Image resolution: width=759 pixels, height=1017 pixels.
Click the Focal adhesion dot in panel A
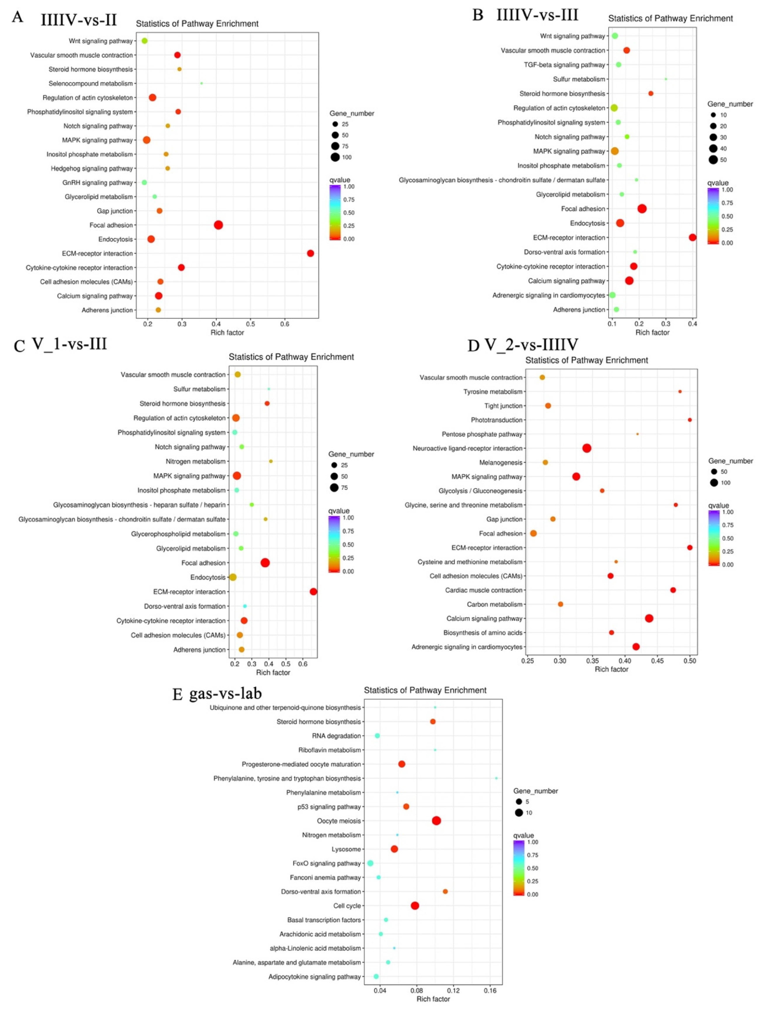click(218, 225)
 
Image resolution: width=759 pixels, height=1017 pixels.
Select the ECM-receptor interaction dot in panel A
click(311, 253)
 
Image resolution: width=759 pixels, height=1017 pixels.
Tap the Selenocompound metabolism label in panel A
click(91, 84)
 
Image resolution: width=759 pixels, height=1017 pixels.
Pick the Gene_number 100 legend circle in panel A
click(335, 157)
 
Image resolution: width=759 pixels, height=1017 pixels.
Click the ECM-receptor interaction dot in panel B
click(692, 238)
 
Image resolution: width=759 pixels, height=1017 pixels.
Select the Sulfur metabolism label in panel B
click(579, 79)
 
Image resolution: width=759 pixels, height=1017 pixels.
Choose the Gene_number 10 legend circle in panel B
click(713, 115)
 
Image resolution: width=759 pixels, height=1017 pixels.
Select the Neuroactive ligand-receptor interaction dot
click(587, 448)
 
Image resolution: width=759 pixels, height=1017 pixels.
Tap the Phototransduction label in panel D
click(497, 420)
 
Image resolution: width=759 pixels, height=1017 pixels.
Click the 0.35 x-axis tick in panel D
click(592, 661)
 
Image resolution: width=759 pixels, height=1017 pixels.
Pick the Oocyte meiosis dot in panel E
click(436, 821)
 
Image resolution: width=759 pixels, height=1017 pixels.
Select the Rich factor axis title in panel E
click(433, 999)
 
